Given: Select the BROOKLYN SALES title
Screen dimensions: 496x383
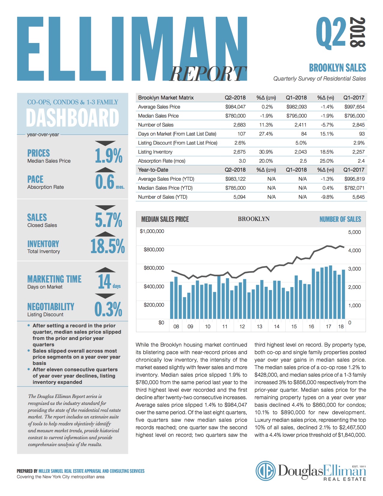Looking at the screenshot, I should (x=337, y=68).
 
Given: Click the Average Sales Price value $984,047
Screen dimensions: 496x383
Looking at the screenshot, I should (x=235, y=107).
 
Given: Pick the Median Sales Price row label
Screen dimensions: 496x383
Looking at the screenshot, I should (x=158, y=116).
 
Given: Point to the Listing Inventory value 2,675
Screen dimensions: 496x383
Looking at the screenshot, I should (x=239, y=152).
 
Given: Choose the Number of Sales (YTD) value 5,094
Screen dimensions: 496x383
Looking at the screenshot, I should (x=239, y=197).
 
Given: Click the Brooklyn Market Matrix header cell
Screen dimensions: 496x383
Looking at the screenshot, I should (x=166, y=98).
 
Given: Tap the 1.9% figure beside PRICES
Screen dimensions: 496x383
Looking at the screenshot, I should (x=108, y=156).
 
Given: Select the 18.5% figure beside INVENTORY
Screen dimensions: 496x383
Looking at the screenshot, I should (x=108, y=246).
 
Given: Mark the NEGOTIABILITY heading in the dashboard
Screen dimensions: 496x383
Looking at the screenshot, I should (x=51, y=307).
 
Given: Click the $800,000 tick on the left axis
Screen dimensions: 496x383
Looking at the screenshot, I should (x=154, y=250).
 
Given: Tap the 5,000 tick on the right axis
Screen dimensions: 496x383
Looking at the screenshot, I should (x=354, y=232).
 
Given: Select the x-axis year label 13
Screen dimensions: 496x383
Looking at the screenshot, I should (x=259, y=326).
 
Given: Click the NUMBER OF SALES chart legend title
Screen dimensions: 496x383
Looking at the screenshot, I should (x=340, y=219).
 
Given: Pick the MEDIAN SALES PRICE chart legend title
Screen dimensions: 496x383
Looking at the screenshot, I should (x=165, y=219).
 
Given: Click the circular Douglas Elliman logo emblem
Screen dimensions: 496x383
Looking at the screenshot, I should (x=266, y=471).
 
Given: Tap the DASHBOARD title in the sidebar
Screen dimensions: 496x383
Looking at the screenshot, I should (x=73, y=118).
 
